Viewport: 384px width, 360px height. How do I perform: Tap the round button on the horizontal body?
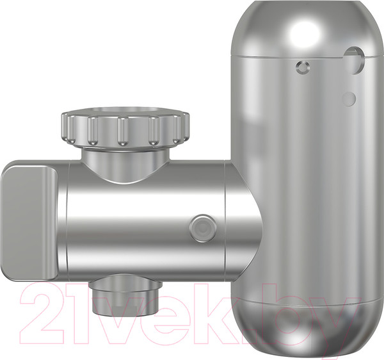click(203, 229)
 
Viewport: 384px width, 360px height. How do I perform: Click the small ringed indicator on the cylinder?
click(303, 67)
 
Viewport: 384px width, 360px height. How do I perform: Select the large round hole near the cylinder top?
click(355, 60)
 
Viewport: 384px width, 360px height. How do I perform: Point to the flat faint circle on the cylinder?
click(349, 99)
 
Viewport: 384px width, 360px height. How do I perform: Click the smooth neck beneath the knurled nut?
click(125, 165)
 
